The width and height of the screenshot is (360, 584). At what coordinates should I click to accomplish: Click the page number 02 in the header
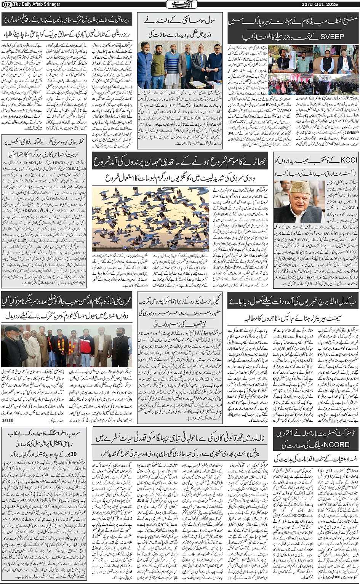point(6,4)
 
